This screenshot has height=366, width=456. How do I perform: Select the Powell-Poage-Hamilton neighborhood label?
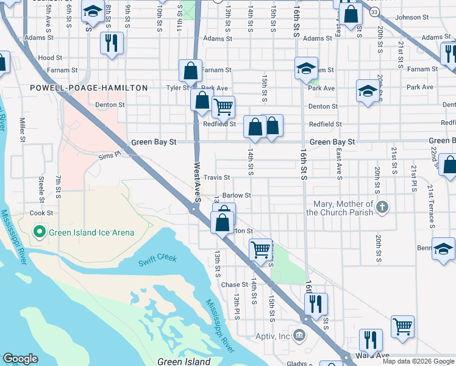pos(89,88)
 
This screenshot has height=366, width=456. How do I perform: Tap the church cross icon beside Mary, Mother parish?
pos(382,207)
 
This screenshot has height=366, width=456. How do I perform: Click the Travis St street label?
pos(216,178)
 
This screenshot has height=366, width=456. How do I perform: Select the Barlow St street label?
pos(237,195)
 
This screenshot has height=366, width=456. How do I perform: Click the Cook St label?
pos(41,213)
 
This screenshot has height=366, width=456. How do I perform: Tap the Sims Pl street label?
pos(110,157)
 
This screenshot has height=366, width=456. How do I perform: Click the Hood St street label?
pos(46,57)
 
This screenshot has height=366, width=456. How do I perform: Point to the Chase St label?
pos(235,285)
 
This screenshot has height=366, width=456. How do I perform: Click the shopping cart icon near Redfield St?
pos(223,107)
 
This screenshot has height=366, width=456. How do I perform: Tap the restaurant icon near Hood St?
pos(111,43)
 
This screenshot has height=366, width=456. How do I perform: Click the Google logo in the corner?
pos(20,359)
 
